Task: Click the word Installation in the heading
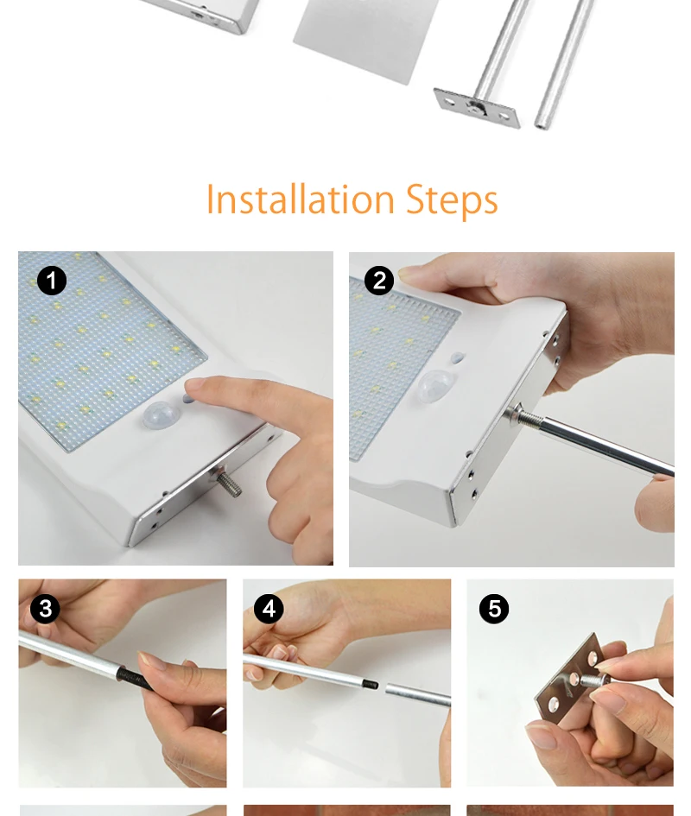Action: click(x=301, y=199)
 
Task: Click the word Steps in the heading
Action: click(x=452, y=200)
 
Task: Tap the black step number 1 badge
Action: click(x=52, y=281)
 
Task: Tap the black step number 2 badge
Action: click(x=379, y=281)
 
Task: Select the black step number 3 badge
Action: click(x=45, y=609)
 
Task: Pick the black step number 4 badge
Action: click(x=269, y=609)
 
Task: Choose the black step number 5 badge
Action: click(x=494, y=609)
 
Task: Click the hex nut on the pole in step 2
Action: click(x=512, y=414)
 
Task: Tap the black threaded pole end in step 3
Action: click(x=133, y=679)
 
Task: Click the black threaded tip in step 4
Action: click(x=370, y=684)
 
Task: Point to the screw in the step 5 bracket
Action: click(x=593, y=679)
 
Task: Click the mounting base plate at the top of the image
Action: click(x=477, y=108)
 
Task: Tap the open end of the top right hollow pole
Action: click(x=542, y=124)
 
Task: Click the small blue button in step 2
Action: click(x=457, y=357)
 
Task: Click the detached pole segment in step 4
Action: click(x=418, y=694)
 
